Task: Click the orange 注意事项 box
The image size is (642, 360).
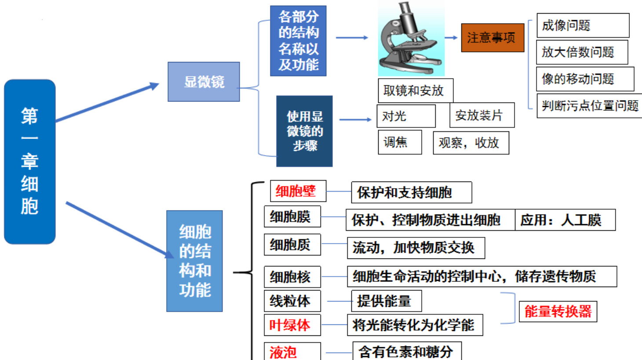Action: coord(492,38)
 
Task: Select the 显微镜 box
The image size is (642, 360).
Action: coord(204,82)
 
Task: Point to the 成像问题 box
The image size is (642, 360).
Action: coord(583,25)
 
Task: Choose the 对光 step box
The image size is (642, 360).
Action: coord(406,116)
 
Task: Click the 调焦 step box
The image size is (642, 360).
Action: coord(400,142)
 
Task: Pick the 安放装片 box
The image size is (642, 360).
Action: coord(482,115)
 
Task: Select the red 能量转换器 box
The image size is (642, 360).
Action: coord(558,311)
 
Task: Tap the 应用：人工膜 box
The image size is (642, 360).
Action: coord(565,220)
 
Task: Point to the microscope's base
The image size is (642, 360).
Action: coord(410,65)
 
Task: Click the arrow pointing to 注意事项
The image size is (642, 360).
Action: coord(451,37)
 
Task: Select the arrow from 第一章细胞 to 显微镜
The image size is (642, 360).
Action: coord(107,102)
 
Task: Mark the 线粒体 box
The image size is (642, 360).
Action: coord(292,301)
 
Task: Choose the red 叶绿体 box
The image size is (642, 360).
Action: coord(292,325)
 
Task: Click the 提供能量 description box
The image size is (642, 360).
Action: coord(387,301)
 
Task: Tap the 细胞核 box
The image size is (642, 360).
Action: coord(292,277)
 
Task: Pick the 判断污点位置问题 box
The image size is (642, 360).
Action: coord(589,105)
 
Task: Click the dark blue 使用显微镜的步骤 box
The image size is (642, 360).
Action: coord(304,131)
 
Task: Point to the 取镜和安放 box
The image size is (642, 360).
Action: coord(416,91)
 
